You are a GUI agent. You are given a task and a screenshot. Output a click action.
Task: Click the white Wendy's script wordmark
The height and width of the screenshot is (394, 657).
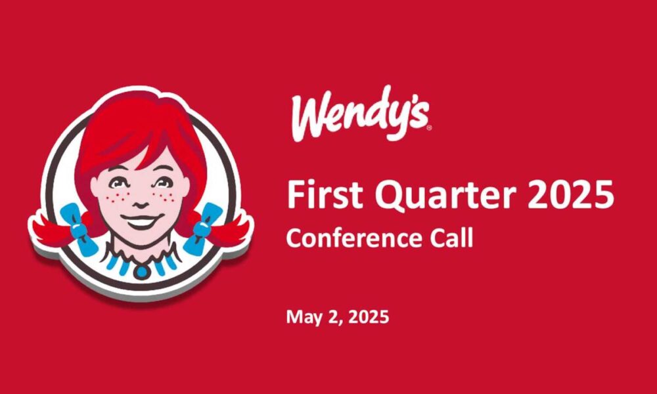pyautogui.click(x=359, y=113)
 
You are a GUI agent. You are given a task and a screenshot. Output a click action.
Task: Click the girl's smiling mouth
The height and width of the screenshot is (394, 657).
pyautogui.click(x=141, y=221)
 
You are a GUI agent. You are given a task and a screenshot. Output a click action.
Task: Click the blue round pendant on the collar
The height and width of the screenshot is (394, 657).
pyautogui.click(x=142, y=271)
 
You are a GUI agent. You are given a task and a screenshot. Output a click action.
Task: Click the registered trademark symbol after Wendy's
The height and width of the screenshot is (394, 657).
pyautogui.click(x=428, y=129)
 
